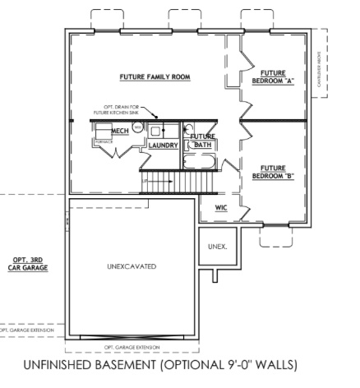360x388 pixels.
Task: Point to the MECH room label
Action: click(109, 130)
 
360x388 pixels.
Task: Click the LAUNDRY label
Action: click(164, 145)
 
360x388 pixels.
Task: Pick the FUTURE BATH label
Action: click(202, 141)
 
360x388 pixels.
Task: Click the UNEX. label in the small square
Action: click(218, 246)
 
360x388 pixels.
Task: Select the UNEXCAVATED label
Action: click(132, 268)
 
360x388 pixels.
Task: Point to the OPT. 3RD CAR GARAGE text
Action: click(25, 264)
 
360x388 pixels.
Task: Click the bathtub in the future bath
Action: click(201, 162)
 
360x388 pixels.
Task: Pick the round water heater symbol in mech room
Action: click(137, 127)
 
